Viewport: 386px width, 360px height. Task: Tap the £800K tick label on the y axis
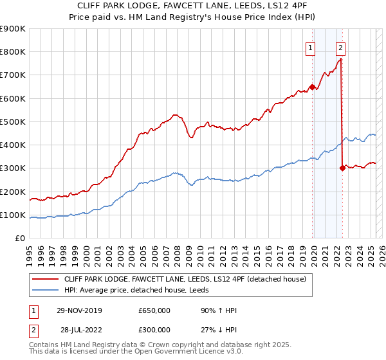pos(12,51)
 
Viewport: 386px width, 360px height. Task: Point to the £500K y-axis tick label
pos(12,122)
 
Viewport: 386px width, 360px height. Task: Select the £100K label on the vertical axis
pos(12,215)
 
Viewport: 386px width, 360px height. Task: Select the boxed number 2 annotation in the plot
pos(340,47)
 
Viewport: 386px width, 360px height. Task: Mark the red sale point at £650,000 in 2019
pos(312,87)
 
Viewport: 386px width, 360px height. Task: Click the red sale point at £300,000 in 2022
pos(342,168)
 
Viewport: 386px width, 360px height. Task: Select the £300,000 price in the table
pos(154,329)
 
